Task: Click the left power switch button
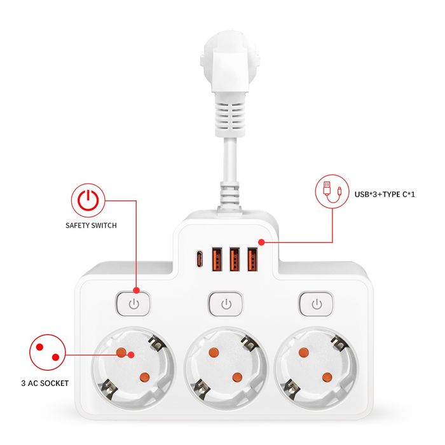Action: [x=133, y=304]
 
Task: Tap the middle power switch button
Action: [x=226, y=304]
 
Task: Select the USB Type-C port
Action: [x=200, y=259]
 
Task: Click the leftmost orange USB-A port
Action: [x=217, y=259]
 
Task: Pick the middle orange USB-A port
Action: [x=235, y=259]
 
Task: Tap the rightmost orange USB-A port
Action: [x=252, y=259]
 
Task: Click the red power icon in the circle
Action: [x=88, y=200]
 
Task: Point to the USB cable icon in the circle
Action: [x=332, y=191]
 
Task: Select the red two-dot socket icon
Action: [x=48, y=352]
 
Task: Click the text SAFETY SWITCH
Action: [x=91, y=225]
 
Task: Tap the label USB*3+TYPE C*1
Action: [x=385, y=195]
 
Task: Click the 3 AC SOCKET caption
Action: [x=45, y=383]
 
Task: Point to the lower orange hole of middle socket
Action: [x=237, y=377]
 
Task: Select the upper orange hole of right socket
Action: [x=304, y=352]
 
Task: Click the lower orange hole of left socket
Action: [x=144, y=377]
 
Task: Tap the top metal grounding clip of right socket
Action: [x=339, y=343]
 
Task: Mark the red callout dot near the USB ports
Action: [x=261, y=242]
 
